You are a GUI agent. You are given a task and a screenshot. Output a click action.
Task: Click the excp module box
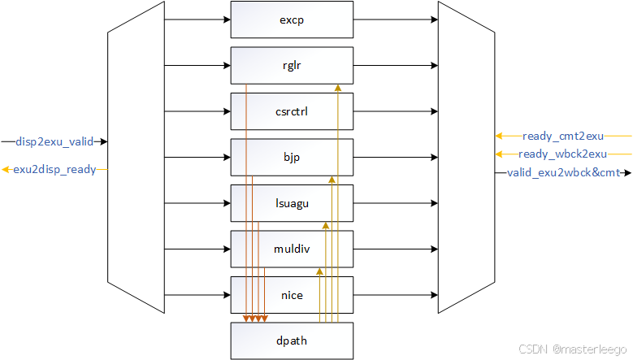pos(292,20)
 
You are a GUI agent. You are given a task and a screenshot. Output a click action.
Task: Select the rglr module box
pos(292,65)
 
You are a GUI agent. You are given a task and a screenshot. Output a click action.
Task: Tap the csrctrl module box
pos(292,111)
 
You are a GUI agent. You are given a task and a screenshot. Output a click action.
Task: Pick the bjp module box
pos(292,157)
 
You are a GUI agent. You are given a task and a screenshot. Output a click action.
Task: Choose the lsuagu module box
pos(292,203)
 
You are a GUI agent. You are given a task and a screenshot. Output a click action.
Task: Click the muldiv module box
pos(292,249)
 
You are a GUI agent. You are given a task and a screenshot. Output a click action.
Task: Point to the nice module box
pos(292,294)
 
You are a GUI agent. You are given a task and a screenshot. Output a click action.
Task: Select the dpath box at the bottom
pos(292,340)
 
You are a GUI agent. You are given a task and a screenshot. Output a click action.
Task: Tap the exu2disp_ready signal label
pos(54,169)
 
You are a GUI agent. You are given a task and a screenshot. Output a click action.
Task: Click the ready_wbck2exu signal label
pos(562,154)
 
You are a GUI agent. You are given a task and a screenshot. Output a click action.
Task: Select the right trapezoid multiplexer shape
pos(466,157)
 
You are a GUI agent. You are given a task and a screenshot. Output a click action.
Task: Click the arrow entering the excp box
pos(197,20)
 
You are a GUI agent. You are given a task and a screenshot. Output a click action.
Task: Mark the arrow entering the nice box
pos(197,294)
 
